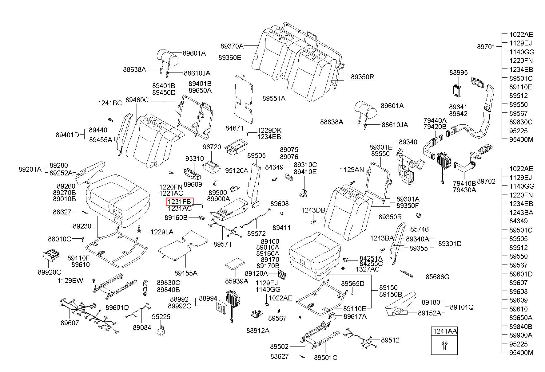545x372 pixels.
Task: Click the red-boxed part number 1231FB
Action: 180,202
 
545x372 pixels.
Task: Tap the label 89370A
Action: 232,46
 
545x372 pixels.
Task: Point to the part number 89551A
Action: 274,98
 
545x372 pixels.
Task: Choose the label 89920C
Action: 50,272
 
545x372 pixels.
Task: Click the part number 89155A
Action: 186,273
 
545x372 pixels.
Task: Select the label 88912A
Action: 258,330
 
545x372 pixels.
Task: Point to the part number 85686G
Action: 437,277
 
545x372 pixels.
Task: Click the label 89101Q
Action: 462,307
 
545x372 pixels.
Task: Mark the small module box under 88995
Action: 457,90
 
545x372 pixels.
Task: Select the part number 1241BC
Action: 110,103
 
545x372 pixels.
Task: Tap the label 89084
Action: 142,327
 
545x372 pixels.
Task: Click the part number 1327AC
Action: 368,269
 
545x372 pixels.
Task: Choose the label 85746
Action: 420,229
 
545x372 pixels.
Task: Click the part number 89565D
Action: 352,283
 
